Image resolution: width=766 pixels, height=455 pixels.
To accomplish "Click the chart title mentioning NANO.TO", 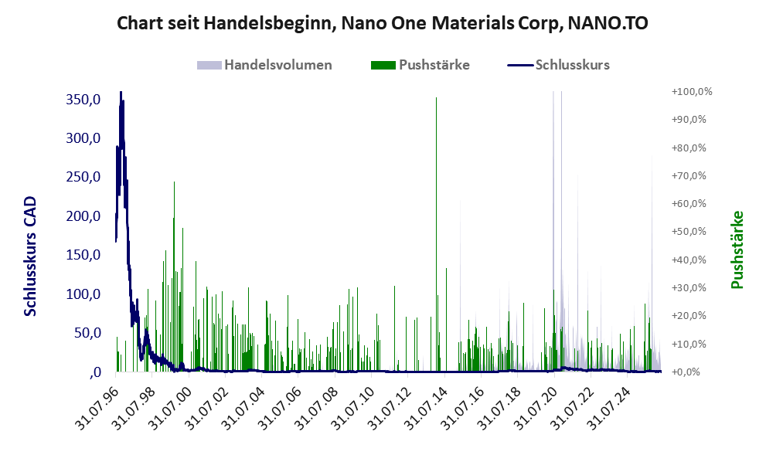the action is click(x=383, y=23).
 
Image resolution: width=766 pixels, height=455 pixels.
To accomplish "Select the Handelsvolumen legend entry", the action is click(x=264, y=65).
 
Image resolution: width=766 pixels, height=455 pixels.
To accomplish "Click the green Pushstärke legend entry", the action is click(x=420, y=65).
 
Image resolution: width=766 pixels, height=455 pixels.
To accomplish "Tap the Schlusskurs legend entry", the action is click(x=558, y=65).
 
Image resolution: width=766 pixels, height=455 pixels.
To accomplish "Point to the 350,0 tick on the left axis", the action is click(x=83, y=100).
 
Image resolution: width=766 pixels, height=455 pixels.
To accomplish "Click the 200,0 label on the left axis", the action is click(x=83, y=216).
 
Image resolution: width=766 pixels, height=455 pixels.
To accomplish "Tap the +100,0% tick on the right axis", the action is click(x=692, y=92).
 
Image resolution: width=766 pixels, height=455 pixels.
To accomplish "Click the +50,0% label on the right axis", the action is click(x=689, y=232).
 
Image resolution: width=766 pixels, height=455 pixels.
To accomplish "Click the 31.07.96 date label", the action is click(x=97, y=407).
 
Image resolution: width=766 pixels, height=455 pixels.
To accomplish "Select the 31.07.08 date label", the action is click(x=317, y=407).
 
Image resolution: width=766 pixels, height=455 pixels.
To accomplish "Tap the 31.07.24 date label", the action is click(x=609, y=407).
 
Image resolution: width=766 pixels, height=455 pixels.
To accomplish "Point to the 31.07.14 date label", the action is click(x=427, y=407).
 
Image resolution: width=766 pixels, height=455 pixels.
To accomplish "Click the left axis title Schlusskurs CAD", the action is click(x=30, y=256).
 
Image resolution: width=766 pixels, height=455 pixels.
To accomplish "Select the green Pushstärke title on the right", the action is click(x=737, y=250).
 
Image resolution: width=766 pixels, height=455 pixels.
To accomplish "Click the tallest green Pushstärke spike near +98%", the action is click(x=436, y=234).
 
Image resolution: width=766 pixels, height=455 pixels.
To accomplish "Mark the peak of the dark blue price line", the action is click(x=121, y=92).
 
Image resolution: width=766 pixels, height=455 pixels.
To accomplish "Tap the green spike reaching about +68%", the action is click(x=174, y=277).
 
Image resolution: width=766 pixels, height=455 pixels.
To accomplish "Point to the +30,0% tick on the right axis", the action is click(x=689, y=288).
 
